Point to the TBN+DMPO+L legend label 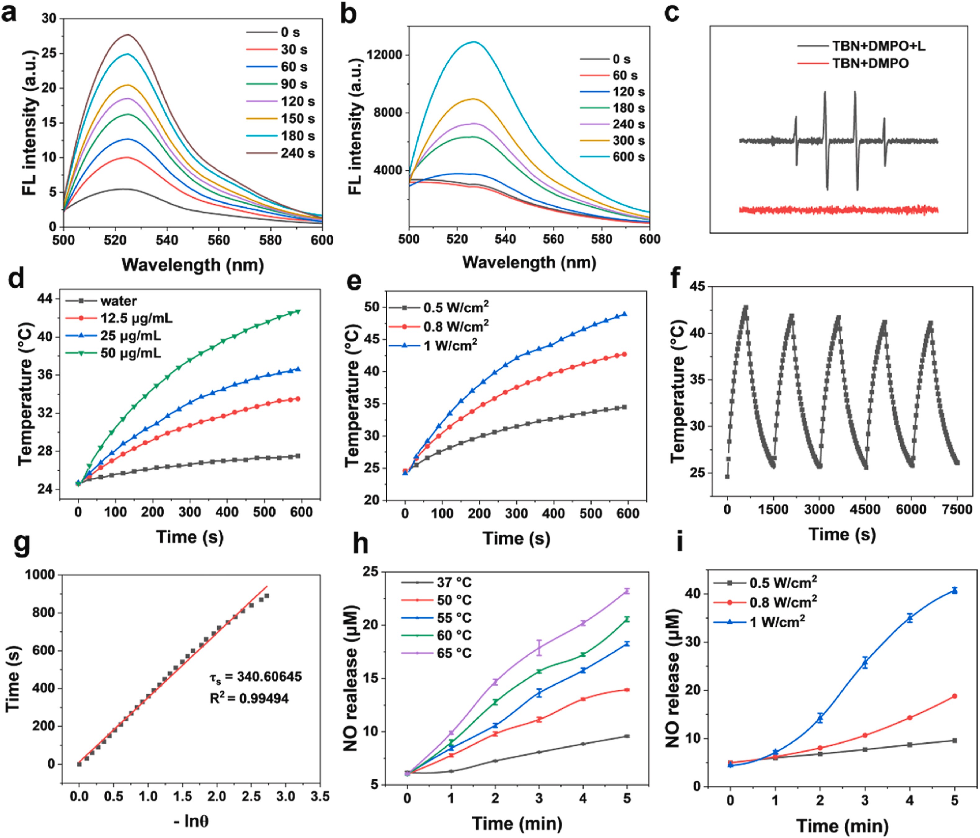[x=879, y=46]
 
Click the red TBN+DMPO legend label [x=870, y=63]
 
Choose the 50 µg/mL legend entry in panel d [x=131, y=353]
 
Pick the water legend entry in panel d [x=118, y=301]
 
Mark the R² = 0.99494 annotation [x=249, y=698]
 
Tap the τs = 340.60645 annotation [x=255, y=677]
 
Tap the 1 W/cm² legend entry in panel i [x=777, y=621]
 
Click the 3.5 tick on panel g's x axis [x=320, y=796]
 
